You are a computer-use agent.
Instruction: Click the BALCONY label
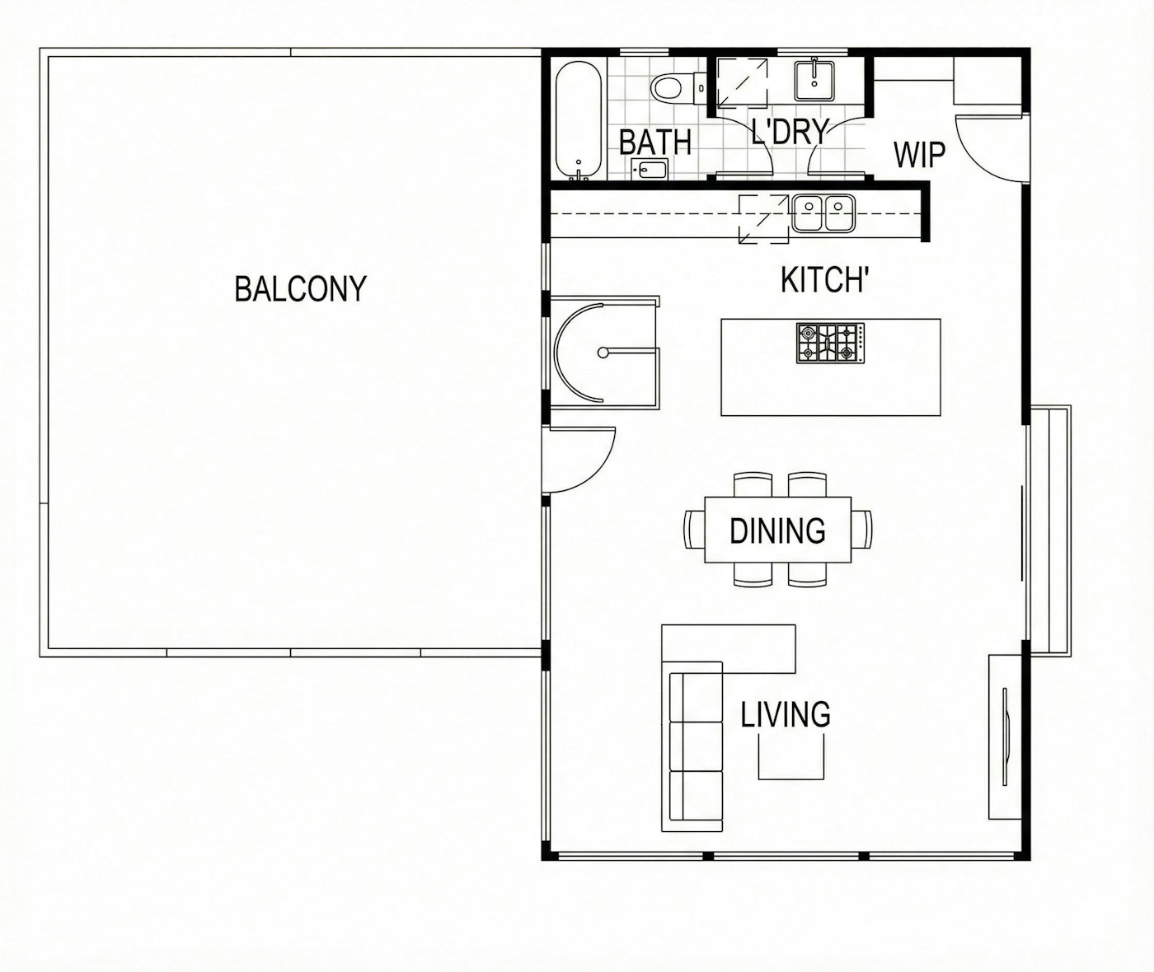coord(301,288)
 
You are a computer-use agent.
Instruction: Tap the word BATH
coord(655,142)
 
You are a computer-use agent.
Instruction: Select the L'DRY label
coord(790,132)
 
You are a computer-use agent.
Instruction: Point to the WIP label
coord(919,155)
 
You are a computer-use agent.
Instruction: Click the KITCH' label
coord(826,279)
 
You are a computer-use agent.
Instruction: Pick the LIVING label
coord(786,714)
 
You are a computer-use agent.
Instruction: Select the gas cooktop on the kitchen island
coord(831,343)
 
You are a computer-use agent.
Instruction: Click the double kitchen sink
coord(823,213)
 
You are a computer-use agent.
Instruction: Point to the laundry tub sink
coord(814,81)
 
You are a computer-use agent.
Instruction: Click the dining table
coord(777,530)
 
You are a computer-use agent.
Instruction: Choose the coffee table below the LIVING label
coord(790,756)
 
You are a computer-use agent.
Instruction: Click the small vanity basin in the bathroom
coord(650,169)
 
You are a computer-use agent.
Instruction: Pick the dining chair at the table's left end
coord(695,529)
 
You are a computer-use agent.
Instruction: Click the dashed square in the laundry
coord(742,83)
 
